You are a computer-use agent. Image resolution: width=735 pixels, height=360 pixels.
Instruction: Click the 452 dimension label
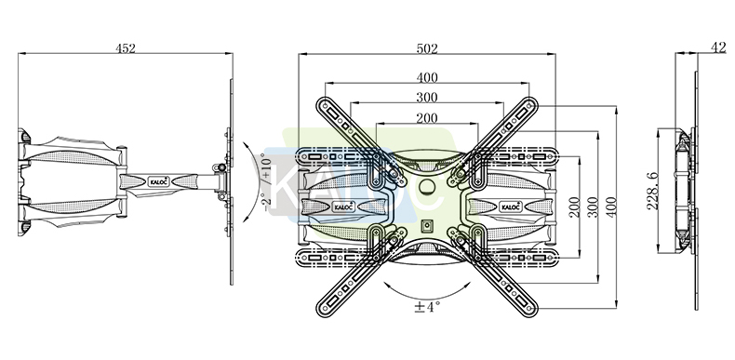[126, 47]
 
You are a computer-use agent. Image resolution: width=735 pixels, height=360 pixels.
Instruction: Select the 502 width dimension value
[426, 48]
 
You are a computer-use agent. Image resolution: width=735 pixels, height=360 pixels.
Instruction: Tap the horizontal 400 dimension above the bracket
[426, 77]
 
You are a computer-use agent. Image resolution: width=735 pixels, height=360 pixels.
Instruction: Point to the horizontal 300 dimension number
[426, 98]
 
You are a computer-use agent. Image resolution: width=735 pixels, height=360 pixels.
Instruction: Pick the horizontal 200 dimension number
[426, 117]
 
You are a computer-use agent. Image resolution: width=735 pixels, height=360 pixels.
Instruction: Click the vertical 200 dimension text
[574, 207]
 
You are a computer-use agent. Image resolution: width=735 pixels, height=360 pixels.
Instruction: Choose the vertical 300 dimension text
[593, 207]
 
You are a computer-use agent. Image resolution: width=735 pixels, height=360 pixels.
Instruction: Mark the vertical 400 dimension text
[611, 207]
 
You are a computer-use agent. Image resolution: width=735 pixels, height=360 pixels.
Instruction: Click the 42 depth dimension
[717, 47]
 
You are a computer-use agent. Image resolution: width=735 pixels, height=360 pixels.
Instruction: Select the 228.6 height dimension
[652, 191]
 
